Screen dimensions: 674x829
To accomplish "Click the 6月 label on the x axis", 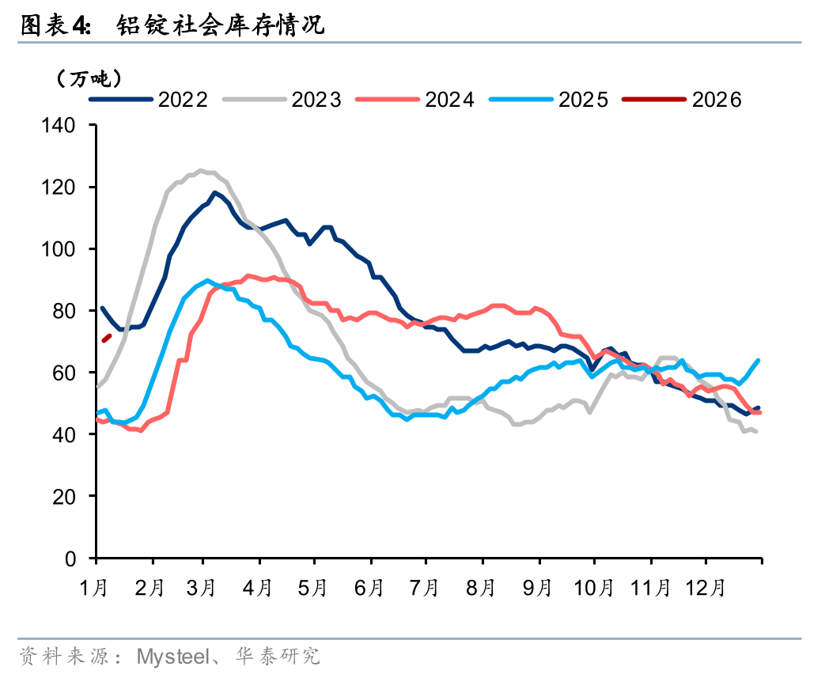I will coord(369,588).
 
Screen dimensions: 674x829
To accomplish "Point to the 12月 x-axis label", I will coord(706,588).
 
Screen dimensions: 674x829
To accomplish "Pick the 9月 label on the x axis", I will coord(537,588).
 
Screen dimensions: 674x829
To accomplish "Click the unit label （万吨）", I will coord(88,78).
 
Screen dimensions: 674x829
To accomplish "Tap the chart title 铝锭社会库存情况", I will coord(220,25).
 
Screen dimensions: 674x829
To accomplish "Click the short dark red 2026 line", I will coord(106,339).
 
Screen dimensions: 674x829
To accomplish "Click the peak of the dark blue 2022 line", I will coord(214,192).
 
